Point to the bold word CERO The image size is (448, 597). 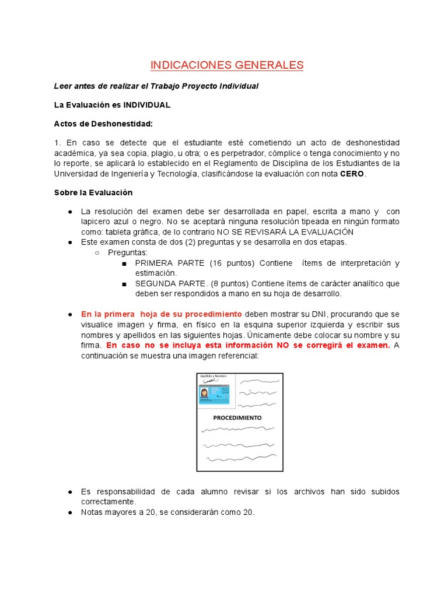[x=352, y=174]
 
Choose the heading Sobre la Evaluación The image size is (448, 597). [x=93, y=192]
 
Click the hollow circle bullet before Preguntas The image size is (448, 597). [x=97, y=252]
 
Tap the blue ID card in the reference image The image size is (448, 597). [x=214, y=395]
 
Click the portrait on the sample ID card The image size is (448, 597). [x=205, y=395]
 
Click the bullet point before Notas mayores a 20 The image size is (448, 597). [x=69, y=512]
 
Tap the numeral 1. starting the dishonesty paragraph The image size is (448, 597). [x=57, y=143]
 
